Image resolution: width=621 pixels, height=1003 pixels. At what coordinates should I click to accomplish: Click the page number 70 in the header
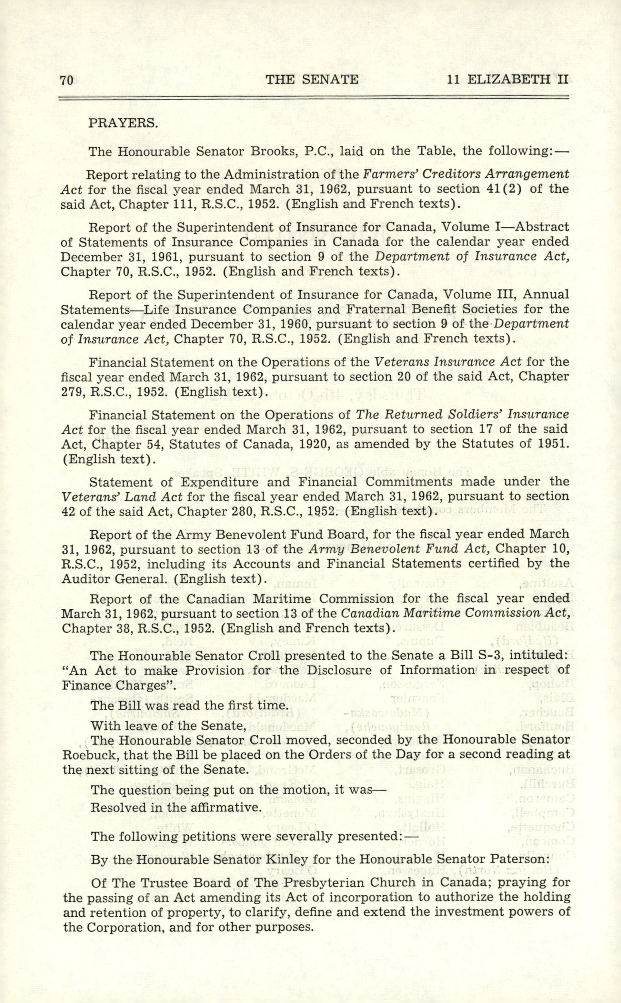coord(67,80)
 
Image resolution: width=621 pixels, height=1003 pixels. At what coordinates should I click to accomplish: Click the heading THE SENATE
coord(312,79)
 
